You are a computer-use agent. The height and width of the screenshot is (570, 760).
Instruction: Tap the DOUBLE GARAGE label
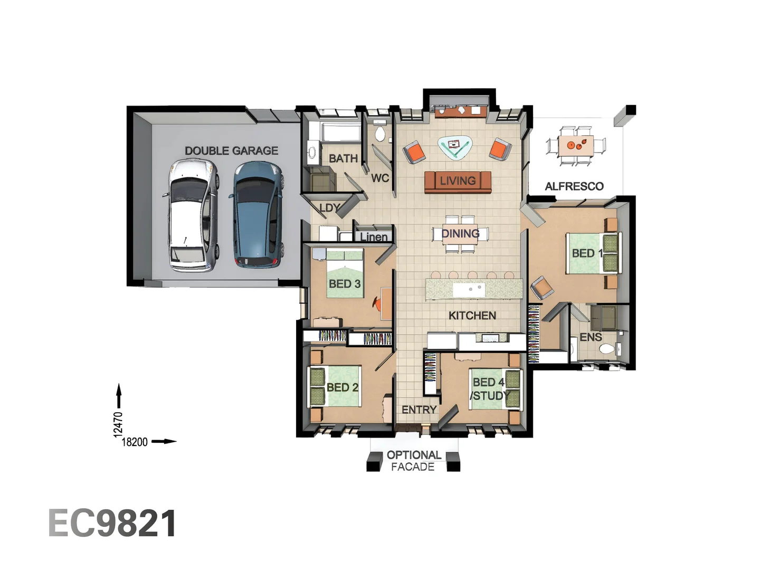coord(231,151)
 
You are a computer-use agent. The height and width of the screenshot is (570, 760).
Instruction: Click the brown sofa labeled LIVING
coord(458,182)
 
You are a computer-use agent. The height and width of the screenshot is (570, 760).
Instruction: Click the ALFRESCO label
coord(574,186)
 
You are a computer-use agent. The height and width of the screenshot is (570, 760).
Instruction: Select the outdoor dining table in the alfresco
coord(576,145)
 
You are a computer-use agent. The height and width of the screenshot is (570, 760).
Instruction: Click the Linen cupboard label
coord(374,237)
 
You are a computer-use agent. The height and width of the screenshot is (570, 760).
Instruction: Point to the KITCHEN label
coord(472,316)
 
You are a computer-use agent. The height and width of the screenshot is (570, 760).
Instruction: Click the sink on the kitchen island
coord(469,289)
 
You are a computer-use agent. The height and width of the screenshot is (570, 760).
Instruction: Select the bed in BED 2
coord(335,387)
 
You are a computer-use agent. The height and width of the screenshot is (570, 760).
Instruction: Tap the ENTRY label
coord(419,410)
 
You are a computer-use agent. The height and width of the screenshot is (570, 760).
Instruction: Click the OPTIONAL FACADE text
coord(413,461)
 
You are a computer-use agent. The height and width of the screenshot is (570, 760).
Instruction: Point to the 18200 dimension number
coord(135,442)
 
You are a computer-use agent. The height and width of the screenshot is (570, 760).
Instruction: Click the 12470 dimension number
coord(118,424)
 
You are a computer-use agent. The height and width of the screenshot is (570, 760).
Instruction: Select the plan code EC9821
coord(112,524)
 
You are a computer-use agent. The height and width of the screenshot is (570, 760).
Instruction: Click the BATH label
coord(343,158)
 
